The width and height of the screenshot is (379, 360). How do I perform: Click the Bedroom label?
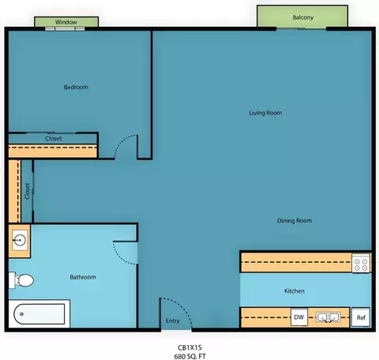coord(76,87)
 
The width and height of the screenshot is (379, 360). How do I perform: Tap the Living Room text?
coord(265,113)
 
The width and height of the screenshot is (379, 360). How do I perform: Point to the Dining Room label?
coord(295,220)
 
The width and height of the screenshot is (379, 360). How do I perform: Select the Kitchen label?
coord(295,291)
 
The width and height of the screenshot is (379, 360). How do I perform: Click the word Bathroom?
coord(83,277)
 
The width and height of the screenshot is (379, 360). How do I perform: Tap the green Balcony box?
coord(302,16)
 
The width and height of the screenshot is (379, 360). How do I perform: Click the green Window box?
coord(66,22)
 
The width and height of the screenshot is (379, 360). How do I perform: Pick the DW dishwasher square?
coord(299,317)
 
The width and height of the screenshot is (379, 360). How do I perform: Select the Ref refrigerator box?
coord(361,317)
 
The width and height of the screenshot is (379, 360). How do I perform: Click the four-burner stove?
coord(361,263)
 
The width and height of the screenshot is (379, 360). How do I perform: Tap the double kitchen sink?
coord(328,317)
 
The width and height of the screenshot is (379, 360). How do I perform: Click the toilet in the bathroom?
coord(21,280)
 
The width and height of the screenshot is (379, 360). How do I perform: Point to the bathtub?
coord(39,314)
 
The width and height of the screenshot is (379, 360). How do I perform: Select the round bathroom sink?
coord(20,240)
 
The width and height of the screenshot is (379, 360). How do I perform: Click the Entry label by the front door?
coord(172,321)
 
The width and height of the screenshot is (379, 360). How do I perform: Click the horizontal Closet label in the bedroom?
coord(54,138)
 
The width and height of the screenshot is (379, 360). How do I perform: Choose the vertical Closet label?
coord(28,191)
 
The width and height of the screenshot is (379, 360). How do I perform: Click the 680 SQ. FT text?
coord(189,356)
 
